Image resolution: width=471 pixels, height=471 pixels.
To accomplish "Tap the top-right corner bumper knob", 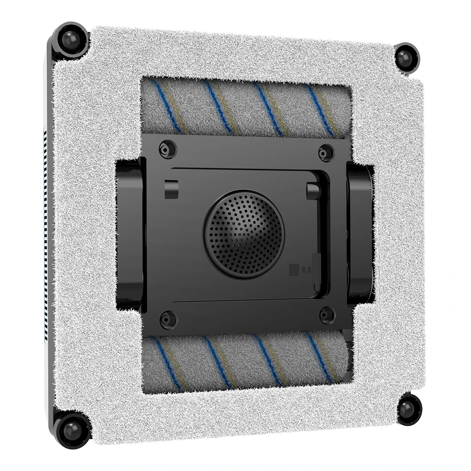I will click(x=406, y=56).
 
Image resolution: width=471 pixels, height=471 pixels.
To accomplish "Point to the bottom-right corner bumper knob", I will click(x=408, y=409).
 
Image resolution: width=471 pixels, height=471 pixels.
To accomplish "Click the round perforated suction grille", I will click(x=244, y=234).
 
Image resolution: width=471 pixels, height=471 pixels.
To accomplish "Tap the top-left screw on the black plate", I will click(x=167, y=149).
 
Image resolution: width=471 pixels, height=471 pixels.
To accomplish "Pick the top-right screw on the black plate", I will click(x=325, y=153).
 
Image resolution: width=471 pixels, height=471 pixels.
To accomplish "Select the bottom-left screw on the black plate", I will click(x=167, y=319).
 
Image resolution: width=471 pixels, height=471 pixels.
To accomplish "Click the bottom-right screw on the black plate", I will click(x=326, y=315).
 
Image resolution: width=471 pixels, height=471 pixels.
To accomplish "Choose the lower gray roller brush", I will click(x=245, y=360).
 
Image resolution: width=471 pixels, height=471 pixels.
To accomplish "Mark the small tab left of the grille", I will click(x=171, y=189).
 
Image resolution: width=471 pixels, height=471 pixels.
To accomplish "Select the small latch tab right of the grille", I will click(x=313, y=191).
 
